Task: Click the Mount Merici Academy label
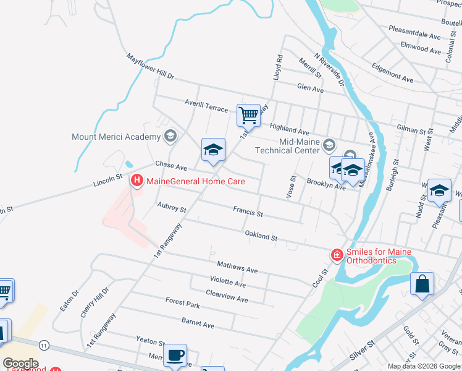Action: tap(117, 137)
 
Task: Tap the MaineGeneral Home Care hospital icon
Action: tap(136, 181)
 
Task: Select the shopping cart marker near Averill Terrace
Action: tap(248, 115)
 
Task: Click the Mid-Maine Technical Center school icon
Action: tap(329, 145)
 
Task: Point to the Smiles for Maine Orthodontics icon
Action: tap(337, 255)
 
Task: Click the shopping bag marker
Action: tap(422, 284)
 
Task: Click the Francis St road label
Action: tap(248, 212)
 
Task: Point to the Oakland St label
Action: tap(261, 236)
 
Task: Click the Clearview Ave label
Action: tap(227, 296)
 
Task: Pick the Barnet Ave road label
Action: tap(198, 322)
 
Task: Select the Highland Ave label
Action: tap(289, 128)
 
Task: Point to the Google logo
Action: tap(20, 363)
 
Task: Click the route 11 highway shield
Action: tap(43, 344)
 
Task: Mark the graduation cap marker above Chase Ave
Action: tap(213, 150)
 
